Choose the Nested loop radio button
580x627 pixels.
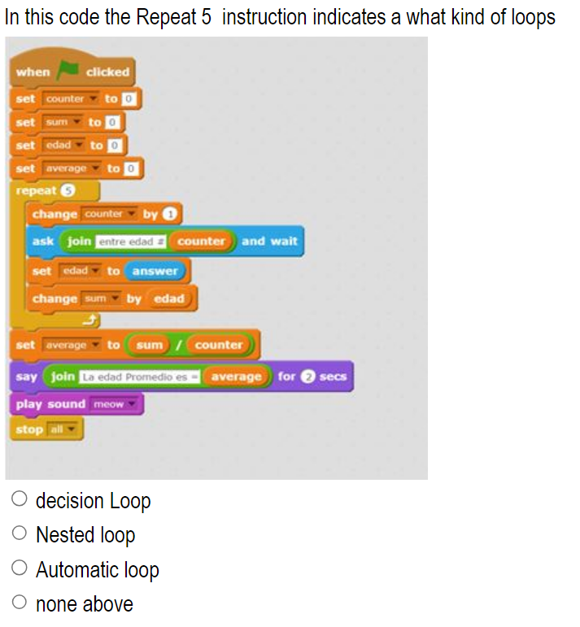tap(20, 535)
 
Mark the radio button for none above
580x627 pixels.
tap(20, 604)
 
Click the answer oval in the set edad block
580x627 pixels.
tap(155, 271)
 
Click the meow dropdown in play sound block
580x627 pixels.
tap(116, 404)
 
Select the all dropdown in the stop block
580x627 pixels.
tap(61, 429)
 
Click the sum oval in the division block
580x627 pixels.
tap(150, 345)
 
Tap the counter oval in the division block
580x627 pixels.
tap(219, 345)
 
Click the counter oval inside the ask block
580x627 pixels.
tap(201, 242)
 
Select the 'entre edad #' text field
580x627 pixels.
tap(131, 242)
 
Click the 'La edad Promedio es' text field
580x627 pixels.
tap(138, 377)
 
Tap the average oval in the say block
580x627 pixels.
tap(236, 377)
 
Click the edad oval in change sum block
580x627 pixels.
tap(169, 298)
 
